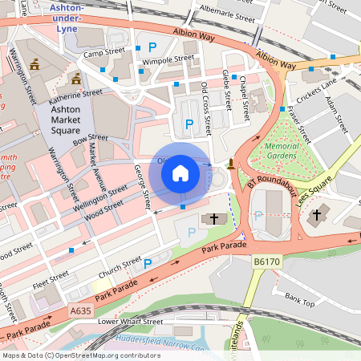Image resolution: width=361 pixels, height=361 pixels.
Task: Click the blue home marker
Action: click(180, 172)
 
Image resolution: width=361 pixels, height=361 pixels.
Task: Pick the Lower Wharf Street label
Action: click(130, 321)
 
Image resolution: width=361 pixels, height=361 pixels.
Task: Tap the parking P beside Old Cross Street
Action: click(189, 124)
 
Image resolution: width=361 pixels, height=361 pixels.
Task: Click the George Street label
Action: click(142, 186)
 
